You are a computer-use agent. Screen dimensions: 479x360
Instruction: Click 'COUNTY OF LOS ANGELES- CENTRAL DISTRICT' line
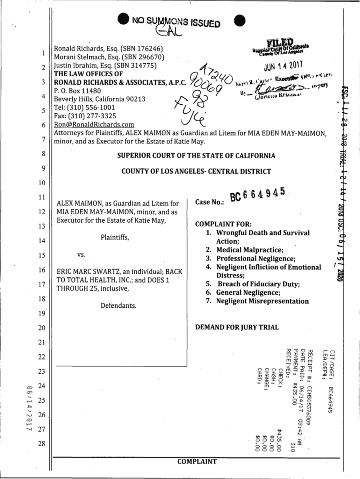tap(196, 171)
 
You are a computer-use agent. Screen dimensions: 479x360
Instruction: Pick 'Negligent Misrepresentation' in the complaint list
tap(262, 301)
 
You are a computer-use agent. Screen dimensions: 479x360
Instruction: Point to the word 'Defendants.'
tap(119, 306)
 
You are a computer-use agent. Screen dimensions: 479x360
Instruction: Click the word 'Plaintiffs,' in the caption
tap(115, 238)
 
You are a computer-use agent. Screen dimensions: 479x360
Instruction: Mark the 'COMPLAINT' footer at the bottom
tap(197, 462)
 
